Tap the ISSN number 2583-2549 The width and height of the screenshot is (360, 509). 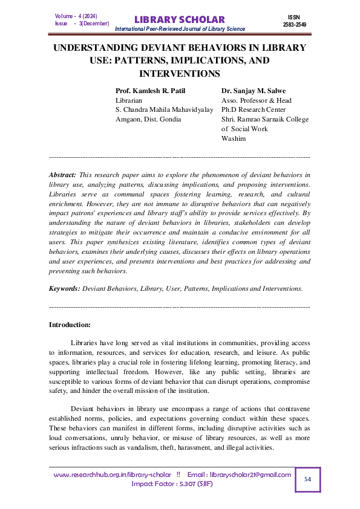[295, 25]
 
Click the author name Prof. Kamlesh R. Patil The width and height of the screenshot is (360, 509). [151, 91]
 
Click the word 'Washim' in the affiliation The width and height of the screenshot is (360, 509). [234, 138]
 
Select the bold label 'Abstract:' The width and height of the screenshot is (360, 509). [62, 174]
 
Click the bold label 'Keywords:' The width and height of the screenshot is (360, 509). [64, 289]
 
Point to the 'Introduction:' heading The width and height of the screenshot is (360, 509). [70, 325]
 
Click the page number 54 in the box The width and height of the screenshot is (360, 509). [307, 479]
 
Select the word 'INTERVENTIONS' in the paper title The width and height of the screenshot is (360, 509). [179, 74]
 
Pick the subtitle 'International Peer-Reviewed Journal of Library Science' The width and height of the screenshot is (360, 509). [180, 29]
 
